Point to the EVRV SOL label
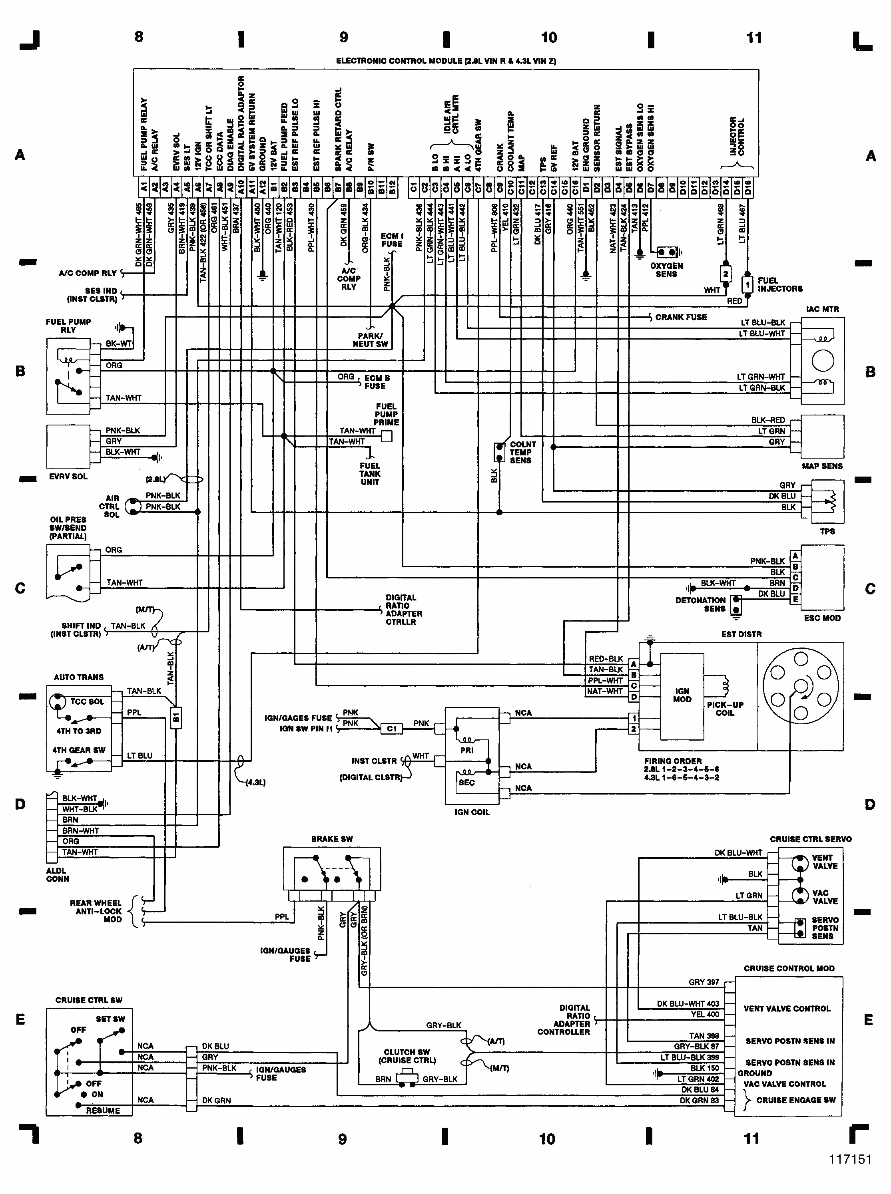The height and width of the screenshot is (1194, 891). click(x=68, y=477)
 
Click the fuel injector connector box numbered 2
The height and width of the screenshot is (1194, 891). click(x=726, y=274)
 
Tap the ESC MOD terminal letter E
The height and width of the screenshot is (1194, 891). click(x=795, y=599)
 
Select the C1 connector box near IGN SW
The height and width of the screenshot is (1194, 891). click(x=392, y=729)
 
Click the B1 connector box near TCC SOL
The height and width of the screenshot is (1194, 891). click(x=176, y=717)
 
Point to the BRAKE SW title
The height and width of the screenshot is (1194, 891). click(x=332, y=839)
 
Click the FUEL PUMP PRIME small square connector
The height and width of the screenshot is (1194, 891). click(x=386, y=436)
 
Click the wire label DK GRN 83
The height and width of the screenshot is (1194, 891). click(x=699, y=1100)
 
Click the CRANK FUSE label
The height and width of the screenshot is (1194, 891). click(x=681, y=317)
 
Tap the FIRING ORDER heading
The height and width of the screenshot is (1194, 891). click(x=673, y=761)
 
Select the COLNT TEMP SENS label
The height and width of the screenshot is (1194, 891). click(x=522, y=452)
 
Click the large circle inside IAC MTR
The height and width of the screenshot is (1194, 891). click(x=823, y=360)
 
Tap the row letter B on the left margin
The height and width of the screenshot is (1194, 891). click(x=20, y=372)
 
